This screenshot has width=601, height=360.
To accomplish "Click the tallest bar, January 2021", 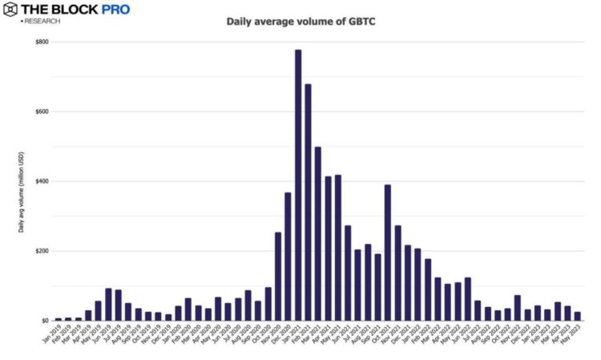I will pos(298,185).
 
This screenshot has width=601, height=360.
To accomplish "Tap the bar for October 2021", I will pos(388,253).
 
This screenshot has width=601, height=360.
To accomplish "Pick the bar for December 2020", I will pos(288,257).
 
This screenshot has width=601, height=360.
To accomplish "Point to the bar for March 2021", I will pos(318,233).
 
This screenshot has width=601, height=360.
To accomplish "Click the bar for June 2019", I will pos(108,305).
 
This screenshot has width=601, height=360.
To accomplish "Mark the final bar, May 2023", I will pos(578,316).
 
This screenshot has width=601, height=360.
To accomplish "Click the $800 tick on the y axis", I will pos(41,42).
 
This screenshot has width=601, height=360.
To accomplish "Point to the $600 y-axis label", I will pos(41,111).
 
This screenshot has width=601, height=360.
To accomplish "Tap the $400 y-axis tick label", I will pos(41,181).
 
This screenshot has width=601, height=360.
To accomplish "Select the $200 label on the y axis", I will pos(41,251).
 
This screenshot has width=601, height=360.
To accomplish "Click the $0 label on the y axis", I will pos(45,321).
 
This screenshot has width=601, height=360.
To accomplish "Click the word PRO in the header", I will pos(115,10).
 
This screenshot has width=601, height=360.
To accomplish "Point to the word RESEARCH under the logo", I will pos(42,22).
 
